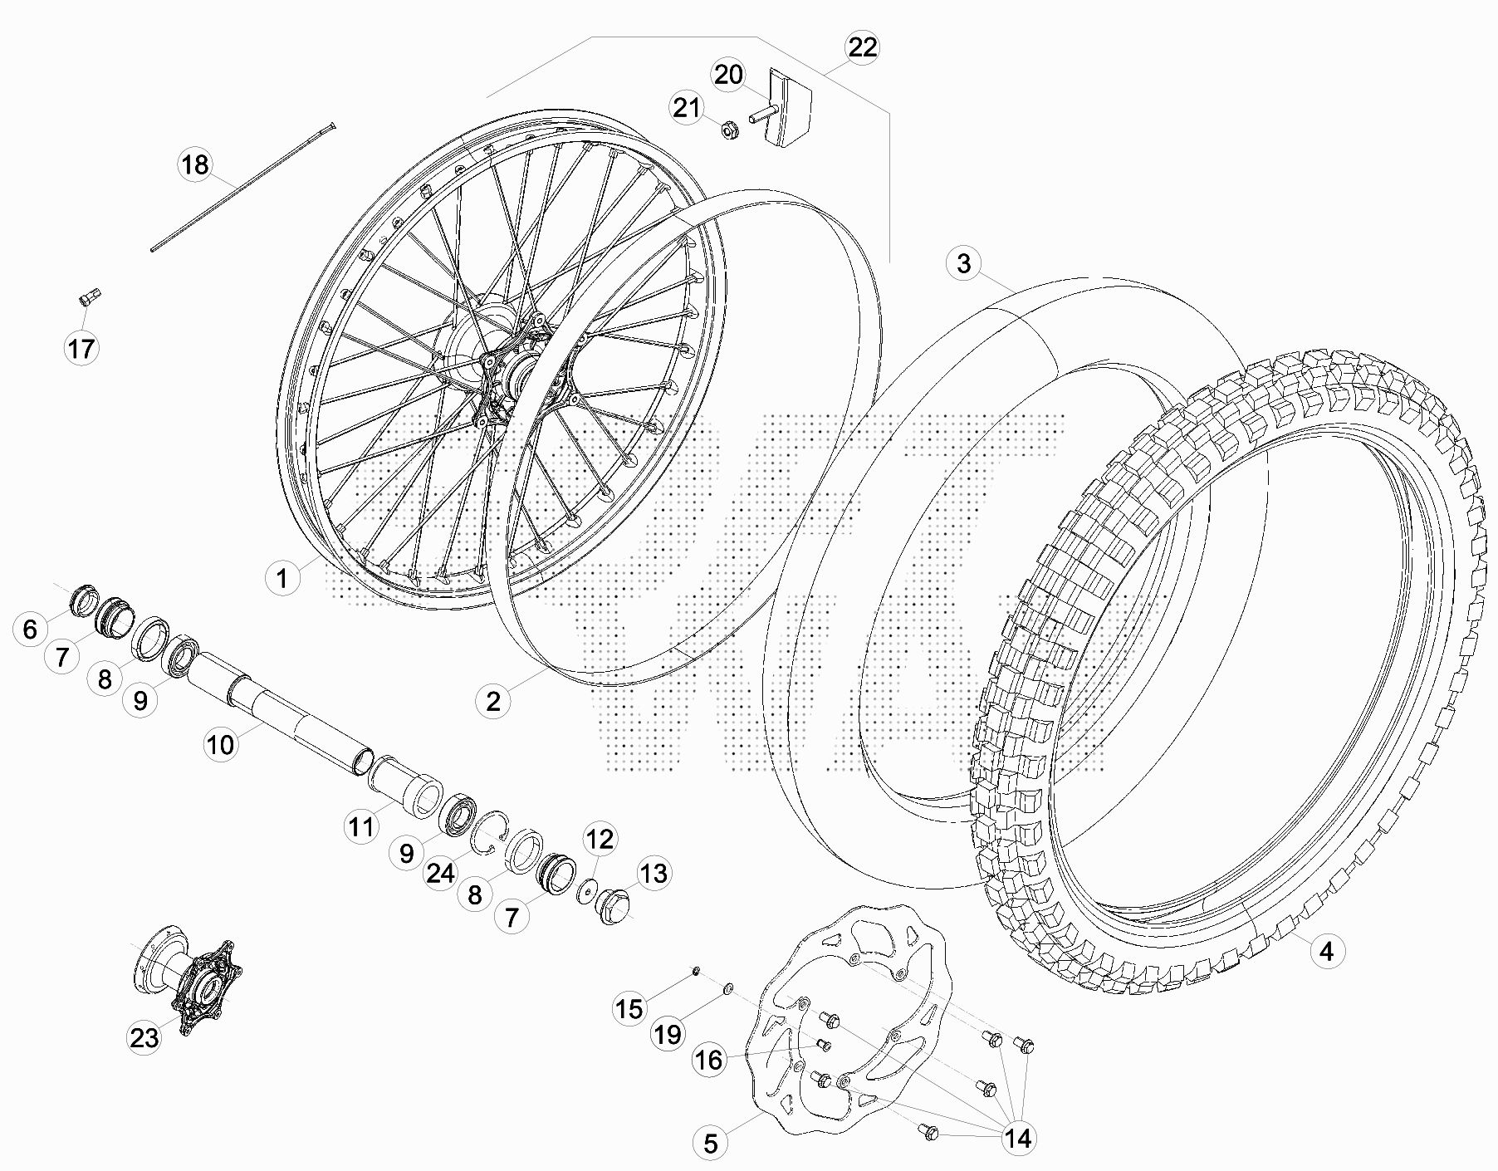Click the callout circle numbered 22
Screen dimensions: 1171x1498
click(862, 47)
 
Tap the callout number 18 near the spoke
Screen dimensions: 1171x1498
click(195, 165)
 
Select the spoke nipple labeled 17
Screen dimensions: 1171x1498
click(90, 296)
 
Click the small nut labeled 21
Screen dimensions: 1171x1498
click(729, 130)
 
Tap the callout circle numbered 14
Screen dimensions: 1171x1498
click(1018, 1138)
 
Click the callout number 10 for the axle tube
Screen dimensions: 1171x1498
click(220, 744)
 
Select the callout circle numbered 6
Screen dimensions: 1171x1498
click(31, 629)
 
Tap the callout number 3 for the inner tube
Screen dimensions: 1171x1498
click(963, 264)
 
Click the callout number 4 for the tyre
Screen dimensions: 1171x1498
click(1326, 950)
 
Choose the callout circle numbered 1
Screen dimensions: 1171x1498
click(282, 578)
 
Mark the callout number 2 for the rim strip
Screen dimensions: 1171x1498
click(493, 701)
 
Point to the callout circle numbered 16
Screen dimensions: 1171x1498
click(708, 1060)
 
